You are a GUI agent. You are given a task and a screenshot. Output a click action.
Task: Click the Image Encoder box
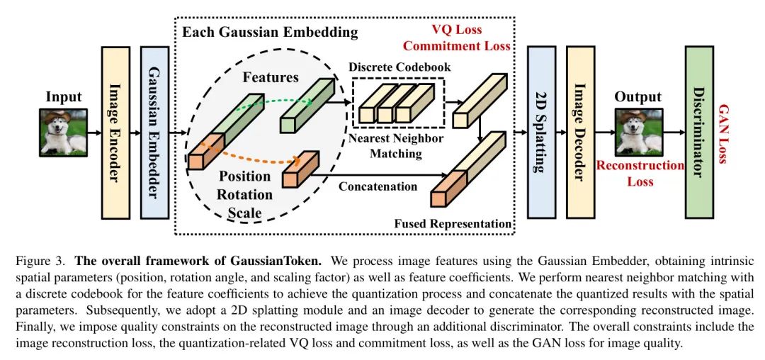(x=116, y=133)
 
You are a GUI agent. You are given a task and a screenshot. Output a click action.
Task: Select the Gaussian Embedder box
(x=154, y=133)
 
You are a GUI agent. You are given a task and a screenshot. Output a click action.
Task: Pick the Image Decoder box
(x=580, y=133)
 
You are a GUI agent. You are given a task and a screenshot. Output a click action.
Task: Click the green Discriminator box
(x=698, y=133)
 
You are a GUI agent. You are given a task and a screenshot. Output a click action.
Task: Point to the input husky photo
(x=63, y=132)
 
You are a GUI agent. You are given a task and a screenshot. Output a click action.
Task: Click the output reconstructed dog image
(x=638, y=133)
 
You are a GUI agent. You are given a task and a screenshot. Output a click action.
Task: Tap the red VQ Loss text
(x=457, y=30)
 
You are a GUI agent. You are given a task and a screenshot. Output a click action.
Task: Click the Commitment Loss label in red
(x=457, y=47)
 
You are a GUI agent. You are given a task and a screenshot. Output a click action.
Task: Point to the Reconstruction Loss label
(x=640, y=174)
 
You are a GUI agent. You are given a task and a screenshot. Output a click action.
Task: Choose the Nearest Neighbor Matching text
(x=396, y=145)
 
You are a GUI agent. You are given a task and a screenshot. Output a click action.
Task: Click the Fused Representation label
(x=453, y=224)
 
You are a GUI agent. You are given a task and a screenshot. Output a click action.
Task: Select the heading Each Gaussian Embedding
(x=270, y=32)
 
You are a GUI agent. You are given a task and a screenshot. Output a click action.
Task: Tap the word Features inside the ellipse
(x=271, y=77)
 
